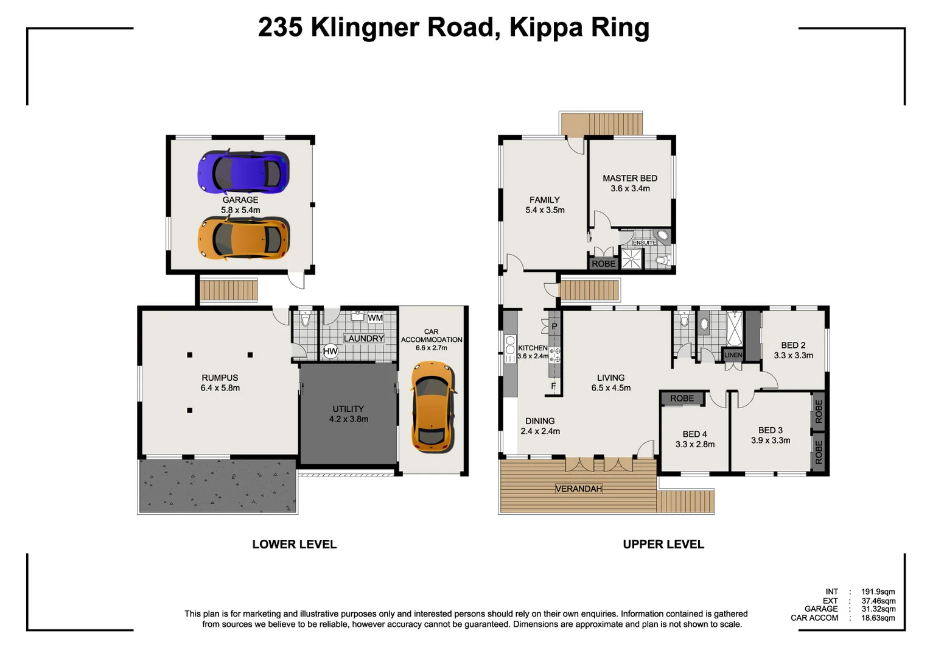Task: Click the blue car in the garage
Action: click(x=243, y=172)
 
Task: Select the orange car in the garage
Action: click(x=243, y=239)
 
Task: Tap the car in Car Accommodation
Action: click(x=432, y=407)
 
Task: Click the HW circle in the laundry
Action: click(x=330, y=351)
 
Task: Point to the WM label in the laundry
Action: click(x=375, y=318)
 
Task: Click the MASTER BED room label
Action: click(x=630, y=179)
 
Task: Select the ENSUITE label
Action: click(x=644, y=242)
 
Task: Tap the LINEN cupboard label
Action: click(x=733, y=355)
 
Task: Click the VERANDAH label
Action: click(x=578, y=489)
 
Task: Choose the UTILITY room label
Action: click(x=348, y=409)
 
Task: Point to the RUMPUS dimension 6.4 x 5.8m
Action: click(x=220, y=388)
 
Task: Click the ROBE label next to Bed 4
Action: click(x=682, y=398)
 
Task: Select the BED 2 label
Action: click(x=793, y=345)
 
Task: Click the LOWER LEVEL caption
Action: click(x=295, y=545)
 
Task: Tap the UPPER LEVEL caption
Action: click(x=663, y=545)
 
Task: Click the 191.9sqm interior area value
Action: click(x=878, y=592)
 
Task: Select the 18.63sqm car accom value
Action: click(x=878, y=618)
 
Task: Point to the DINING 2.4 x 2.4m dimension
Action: click(x=540, y=431)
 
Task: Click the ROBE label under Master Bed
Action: click(x=603, y=264)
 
